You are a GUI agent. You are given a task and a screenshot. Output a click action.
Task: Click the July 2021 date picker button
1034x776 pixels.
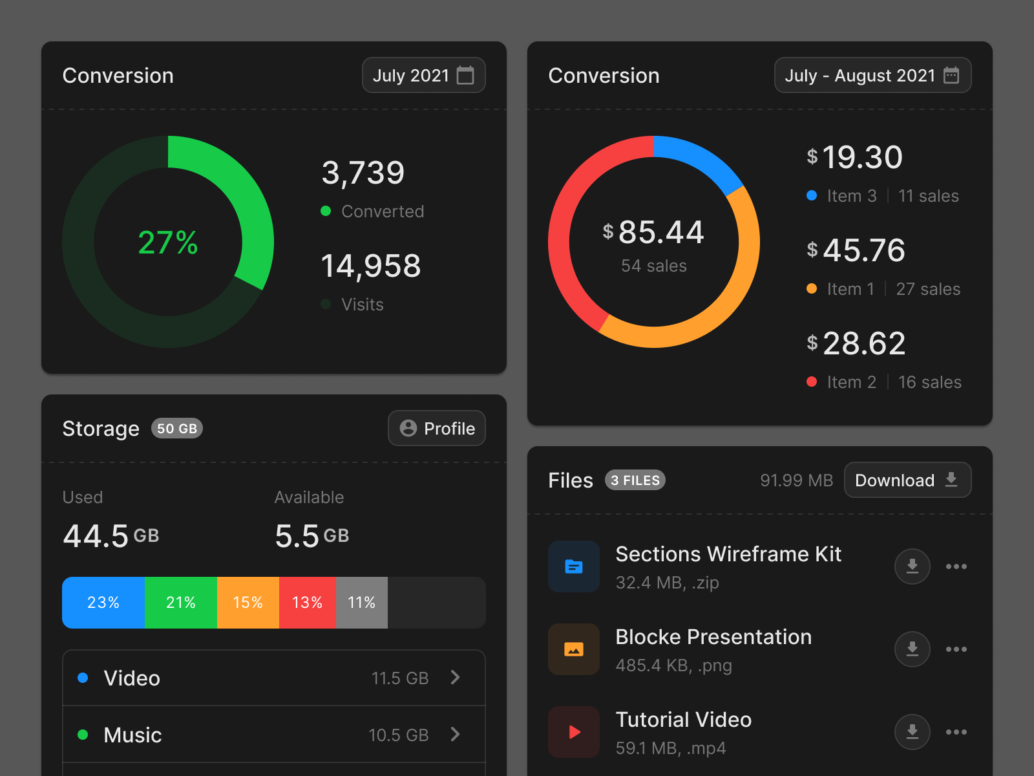click(423, 76)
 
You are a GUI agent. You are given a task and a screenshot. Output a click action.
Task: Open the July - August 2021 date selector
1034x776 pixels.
click(872, 76)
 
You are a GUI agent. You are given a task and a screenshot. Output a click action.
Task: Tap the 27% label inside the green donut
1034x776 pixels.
click(168, 242)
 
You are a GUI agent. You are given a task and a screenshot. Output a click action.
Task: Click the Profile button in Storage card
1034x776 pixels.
click(436, 428)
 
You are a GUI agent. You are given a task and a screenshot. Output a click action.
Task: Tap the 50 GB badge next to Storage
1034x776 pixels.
click(176, 428)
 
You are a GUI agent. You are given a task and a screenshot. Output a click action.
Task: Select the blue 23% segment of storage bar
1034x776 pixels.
click(103, 603)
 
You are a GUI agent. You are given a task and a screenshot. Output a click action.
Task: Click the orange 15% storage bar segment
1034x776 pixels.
click(248, 603)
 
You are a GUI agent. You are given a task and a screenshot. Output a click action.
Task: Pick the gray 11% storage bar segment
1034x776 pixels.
click(361, 603)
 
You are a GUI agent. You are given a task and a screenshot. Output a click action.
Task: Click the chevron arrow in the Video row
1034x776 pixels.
click(456, 677)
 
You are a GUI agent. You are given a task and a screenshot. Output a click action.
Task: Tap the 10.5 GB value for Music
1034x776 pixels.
click(398, 735)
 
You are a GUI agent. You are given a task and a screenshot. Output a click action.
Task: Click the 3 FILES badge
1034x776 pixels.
click(635, 480)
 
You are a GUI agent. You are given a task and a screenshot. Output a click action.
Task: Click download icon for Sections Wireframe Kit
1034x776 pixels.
click(912, 566)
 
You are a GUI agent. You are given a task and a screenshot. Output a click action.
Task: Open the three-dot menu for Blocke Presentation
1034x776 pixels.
click(956, 649)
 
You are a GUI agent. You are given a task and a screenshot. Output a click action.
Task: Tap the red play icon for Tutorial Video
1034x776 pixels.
click(574, 732)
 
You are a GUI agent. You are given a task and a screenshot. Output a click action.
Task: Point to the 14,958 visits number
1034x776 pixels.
click(371, 266)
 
